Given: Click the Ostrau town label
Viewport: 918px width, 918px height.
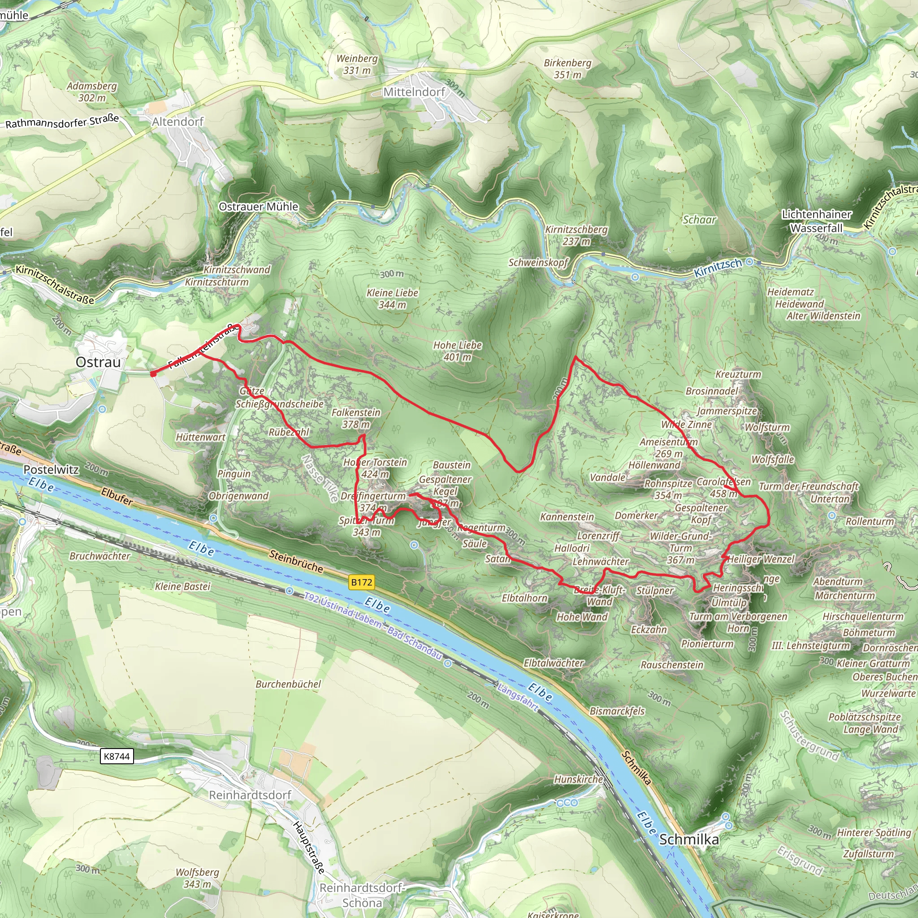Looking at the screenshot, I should pyautogui.click(x=98, y=362).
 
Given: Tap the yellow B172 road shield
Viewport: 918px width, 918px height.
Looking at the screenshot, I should pyautogui.click(x=361, y=582).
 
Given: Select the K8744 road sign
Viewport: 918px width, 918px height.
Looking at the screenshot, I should pyautogui.click(x=117, y=756).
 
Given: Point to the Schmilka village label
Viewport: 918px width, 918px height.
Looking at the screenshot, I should pyautogui.click(x=688, y=840).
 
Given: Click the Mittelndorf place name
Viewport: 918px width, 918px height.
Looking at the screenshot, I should pyautogui.click(x=414, y=92).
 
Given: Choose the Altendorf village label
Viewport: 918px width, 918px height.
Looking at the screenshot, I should pyautogui.click(x=178, y=121).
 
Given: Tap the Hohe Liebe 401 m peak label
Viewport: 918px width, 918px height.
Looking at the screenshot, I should pyautogui.click(x=457, y=351).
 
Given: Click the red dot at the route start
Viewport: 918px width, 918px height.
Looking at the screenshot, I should pyautogui.click(x=153, y=374).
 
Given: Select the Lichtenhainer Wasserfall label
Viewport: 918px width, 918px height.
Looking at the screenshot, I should pyautogui.click(x=816, y=221).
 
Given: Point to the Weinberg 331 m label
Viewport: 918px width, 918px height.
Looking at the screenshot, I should pyautogui.click(x=357, y=64).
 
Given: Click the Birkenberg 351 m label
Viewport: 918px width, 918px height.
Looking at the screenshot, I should pyautogui.click(x=567, y=69).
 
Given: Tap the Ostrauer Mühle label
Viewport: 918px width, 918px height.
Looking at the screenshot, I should pyautogui.click(x=259, y=207).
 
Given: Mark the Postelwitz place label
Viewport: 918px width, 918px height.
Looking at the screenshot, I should pyautogui.click(x=51, y=469).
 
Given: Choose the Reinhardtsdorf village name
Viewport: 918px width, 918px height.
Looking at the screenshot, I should pyautogui.click(x=250, y=795).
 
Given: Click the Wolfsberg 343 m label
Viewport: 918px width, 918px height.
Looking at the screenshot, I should pyautogui.click(x=197, y=878).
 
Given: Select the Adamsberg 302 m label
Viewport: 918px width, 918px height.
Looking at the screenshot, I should pyautogui.click(x=92, y=92).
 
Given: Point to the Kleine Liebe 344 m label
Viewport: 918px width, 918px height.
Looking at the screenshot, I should pyautogui.click(x=392, y=299).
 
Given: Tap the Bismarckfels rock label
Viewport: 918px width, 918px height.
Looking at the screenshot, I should pyautogui.click(x=617, y=711).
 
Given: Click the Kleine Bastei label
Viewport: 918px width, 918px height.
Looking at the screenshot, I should pyautogui.click(x=182, y=586).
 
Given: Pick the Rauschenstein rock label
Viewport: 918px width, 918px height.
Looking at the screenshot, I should pyautogui.click(x=671, y=664).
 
